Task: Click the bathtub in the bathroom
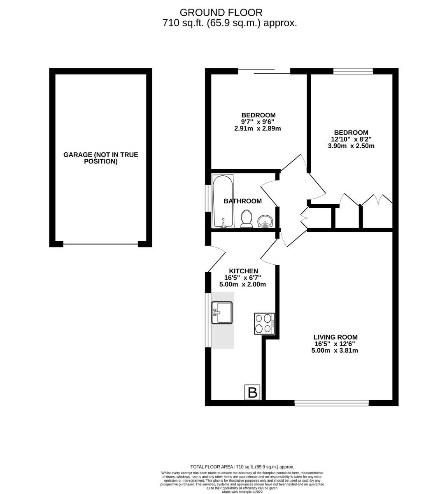223,201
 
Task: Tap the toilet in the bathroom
246,218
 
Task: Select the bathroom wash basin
265,221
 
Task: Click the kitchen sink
222,313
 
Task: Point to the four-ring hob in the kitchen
264,324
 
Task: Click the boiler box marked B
252,392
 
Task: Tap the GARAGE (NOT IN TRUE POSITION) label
101,158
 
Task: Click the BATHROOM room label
242,201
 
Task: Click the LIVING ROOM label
335,337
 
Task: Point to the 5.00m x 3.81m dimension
335,350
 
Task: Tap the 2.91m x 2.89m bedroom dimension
258,128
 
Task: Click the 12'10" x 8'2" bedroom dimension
351,139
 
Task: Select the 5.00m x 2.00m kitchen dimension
242,284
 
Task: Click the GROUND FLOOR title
221,12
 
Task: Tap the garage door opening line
101,244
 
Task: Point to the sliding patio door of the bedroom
264,71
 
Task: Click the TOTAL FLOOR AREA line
242,467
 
